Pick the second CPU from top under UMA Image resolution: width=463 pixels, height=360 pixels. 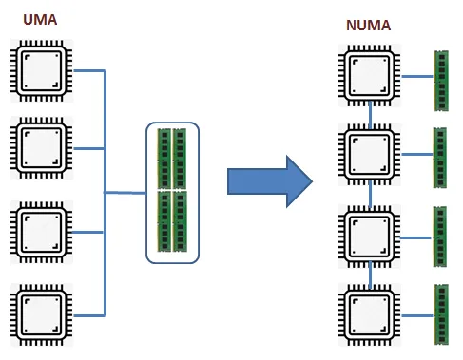[39, 148]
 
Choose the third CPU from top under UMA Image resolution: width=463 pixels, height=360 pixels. [39, 231]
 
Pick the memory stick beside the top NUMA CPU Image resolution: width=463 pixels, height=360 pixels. [440, 80]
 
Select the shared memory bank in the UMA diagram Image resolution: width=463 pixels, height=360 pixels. [172, 192]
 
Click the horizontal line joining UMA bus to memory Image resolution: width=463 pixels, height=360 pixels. [125, 193]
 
